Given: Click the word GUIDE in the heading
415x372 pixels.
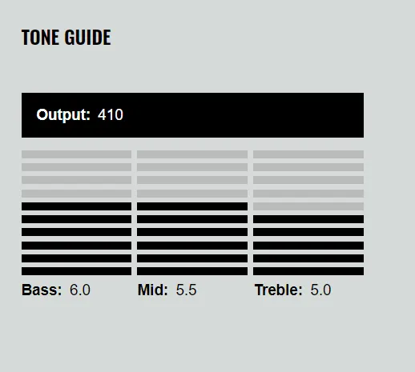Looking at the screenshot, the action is coord(87,37).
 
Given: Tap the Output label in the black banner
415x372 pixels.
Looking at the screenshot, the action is coord(63,115).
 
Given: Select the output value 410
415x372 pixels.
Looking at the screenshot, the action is coord(111,114).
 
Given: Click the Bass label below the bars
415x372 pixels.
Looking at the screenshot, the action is coord(42,290).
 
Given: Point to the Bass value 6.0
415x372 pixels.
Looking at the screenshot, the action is coord(80,290).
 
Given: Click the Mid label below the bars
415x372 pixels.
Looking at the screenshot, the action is coord(153,290).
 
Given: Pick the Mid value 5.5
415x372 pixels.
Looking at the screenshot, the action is coord(186,290).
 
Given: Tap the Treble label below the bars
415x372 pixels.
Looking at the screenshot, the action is coord(279,290).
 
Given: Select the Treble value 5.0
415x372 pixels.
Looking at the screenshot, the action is coord(320,290).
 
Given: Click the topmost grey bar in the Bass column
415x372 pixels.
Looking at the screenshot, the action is coord(76,154).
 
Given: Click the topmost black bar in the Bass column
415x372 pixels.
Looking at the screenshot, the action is coord(76,206).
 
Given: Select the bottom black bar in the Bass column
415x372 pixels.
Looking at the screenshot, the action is coord(76,271).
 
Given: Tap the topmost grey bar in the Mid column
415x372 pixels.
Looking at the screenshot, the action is coord(192,154).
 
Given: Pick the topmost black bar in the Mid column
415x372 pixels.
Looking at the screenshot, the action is coord(192,206).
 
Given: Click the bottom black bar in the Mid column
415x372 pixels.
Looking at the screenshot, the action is coord(192,271).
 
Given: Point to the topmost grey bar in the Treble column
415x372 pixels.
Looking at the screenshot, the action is coord(308,154).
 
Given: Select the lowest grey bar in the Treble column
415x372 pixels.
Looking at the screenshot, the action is coord(308,206).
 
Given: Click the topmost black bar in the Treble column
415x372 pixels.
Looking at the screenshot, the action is coord(308,219).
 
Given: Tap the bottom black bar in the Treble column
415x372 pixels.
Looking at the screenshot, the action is coord(308,271).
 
